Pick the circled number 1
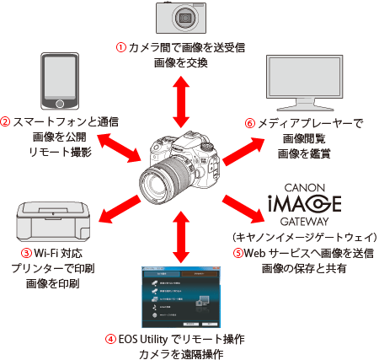point(120,46)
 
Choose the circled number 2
point(6,121)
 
